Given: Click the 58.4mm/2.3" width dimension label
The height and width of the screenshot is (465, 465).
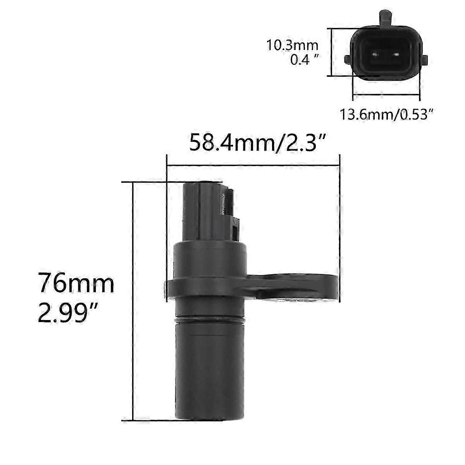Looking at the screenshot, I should coord(256,143).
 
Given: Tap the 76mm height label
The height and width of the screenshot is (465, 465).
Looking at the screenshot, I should coord(76,284).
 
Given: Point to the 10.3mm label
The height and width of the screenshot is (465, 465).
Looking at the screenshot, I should coord(292,45).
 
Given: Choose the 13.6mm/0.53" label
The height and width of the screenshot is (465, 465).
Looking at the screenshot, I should coord(386,115).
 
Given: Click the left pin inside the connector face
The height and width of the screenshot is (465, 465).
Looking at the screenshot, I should coord(375,55).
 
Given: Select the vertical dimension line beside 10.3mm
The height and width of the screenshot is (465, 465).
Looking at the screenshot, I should coord(331,52).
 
